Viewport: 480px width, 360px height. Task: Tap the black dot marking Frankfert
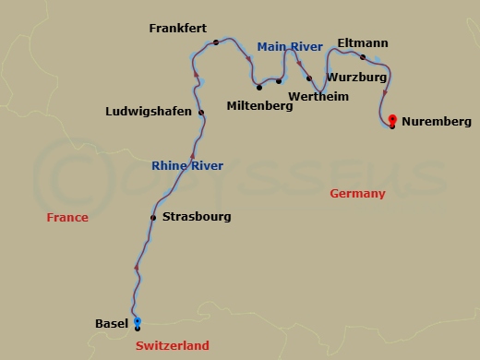click(215, 42)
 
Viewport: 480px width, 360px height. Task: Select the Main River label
click(290, 46)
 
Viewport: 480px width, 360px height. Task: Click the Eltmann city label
click(363, 43)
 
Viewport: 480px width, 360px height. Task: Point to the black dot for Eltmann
click(363, 57)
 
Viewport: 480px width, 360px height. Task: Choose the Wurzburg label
click(357, 78)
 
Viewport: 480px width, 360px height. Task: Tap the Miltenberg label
click(259, 105)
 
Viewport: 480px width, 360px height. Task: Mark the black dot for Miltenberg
click(259, 88)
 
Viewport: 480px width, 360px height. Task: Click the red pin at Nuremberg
click(392, 120)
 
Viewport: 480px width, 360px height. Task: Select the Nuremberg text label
click(437, 122)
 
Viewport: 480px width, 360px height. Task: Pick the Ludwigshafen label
click(149, 112)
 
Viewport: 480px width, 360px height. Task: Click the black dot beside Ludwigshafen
click(201, 113)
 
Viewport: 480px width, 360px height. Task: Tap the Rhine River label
click(187, 166)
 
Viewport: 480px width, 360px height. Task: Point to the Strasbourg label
click(197, 217)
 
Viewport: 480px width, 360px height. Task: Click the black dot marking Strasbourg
click(153, 218)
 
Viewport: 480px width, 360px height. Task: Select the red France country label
click(68, 218)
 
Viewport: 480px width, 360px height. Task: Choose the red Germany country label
click(357, 194)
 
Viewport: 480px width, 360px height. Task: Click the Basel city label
click(112, 323)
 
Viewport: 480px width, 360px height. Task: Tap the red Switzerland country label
click(173, 346)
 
